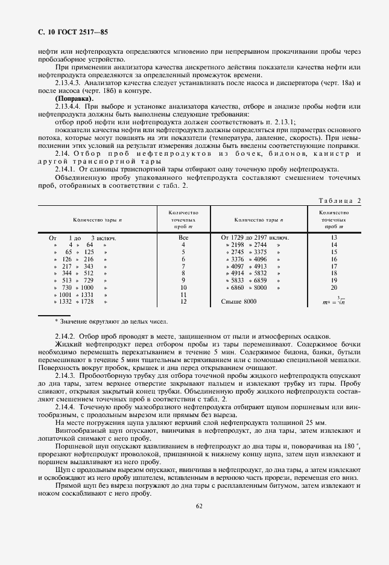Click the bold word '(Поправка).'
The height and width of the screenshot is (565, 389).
pyautogui.click(x=74, y=98)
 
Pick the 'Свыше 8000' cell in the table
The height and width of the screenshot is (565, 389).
pyautogui.click(x=239, y=301)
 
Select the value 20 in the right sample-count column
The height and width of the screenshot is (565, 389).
pyautogui.click(x=334, y=289)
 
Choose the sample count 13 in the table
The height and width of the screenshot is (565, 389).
pyautogui.click(x=334, y=238)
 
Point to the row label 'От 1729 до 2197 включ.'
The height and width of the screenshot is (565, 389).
pyautogui.click(x=255, y=238)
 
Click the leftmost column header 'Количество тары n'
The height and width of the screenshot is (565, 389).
pyautogui.click(x=98, y=220)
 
